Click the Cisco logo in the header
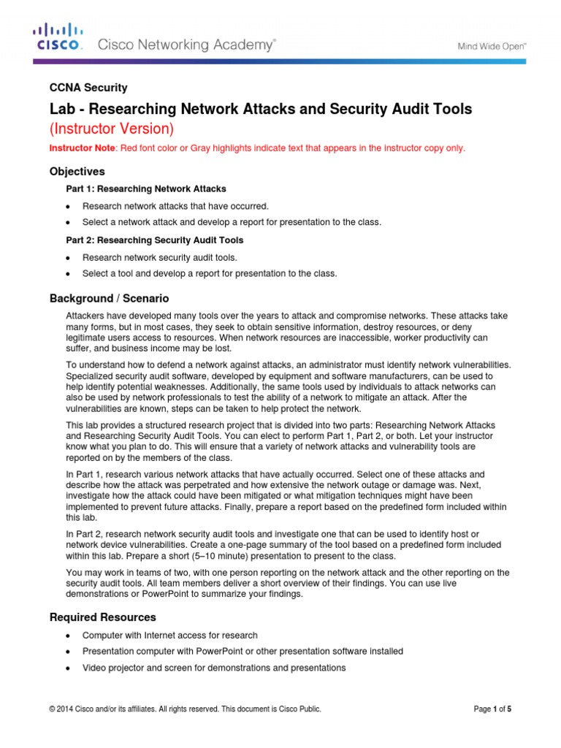click(58, 37)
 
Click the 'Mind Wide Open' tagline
click(492, 45)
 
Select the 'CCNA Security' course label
click(88, 88)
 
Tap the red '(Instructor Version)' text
click(112, 129)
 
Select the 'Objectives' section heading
click(77, 172)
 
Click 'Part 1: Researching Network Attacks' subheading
click(146, 189)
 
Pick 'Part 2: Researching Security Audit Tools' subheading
click(155, 240)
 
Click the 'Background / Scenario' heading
click(109, 298)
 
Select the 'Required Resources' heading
click(102, 617)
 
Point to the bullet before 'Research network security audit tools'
click(68, 258)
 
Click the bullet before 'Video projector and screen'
click(68, 668)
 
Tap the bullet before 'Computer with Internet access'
click(68, 636)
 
